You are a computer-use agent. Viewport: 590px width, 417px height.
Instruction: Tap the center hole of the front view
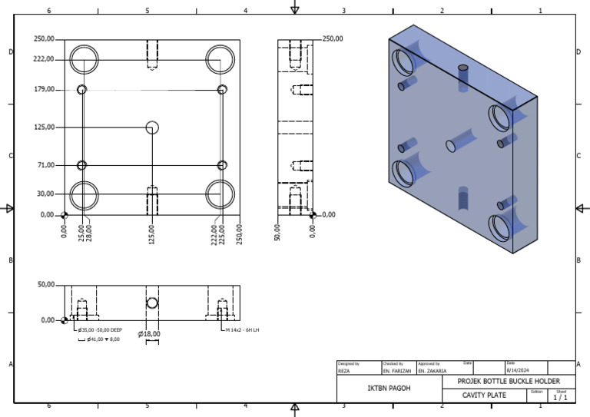152,127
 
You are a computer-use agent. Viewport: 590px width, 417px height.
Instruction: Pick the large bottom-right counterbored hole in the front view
220,194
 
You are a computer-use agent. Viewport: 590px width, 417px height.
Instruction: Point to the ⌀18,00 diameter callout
149,334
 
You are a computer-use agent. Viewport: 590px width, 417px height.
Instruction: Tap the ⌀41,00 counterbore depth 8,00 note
99,339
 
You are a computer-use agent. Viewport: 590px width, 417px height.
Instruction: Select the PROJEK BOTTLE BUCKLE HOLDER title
509,381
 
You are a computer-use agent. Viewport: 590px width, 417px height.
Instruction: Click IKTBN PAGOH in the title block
389,389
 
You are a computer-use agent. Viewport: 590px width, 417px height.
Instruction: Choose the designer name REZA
345,370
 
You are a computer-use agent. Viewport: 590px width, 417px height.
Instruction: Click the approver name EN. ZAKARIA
433,370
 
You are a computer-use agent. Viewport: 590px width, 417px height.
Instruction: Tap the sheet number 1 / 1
560,397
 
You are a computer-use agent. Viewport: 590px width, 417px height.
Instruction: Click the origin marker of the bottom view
65,320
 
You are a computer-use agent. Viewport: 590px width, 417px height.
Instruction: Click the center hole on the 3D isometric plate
450,144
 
